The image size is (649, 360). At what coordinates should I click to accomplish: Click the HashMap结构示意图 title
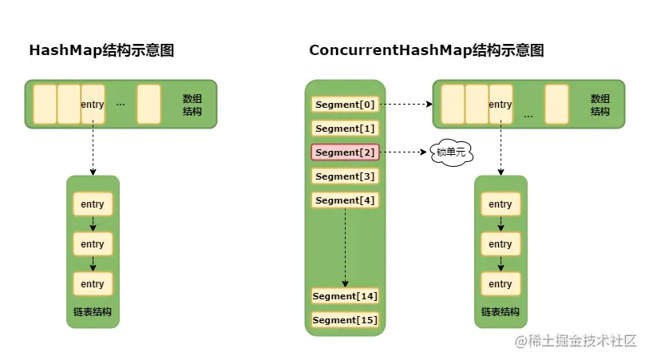click(101, 50)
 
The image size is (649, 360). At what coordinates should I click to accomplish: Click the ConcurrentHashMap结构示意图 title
click(426, 50)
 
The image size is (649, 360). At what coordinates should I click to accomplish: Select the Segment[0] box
click(344, 105)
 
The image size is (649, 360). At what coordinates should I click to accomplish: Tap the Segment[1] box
click(344, 129)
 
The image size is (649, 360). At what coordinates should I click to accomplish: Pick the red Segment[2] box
click(344, 152)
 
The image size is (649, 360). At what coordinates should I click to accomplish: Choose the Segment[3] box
click(344, 176)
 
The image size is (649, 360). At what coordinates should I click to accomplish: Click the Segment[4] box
click(344, 200)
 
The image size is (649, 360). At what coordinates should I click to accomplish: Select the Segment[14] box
click(345, 296)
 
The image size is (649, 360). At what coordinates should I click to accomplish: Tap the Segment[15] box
click(345, 320)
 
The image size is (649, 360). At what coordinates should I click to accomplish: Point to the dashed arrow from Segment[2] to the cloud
click(404, 152)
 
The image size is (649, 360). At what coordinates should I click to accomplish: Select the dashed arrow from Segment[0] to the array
click(406, 105)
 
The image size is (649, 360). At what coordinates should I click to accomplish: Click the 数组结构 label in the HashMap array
click(192, 105)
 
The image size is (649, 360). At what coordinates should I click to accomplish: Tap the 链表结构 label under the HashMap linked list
click(93, 311)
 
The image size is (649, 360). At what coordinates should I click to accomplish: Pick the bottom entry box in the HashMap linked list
click(93, 284)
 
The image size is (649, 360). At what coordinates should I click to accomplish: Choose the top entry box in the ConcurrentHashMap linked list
click(501, 204)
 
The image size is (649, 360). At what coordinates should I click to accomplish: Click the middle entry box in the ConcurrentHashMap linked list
click(501, 244)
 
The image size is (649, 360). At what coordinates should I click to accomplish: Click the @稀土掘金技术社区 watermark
click(575, 341)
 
